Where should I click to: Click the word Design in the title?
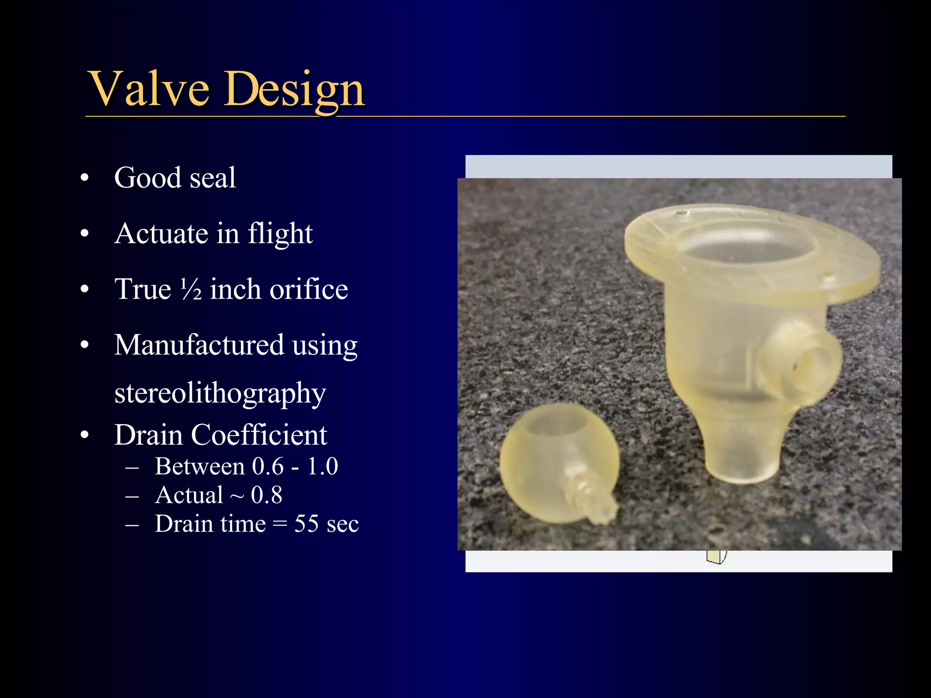294,90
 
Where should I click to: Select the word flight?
280,234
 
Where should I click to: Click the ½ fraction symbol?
191,289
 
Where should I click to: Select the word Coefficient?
259,435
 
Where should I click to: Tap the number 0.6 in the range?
268,466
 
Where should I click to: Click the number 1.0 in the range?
322,466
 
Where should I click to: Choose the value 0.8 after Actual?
266,495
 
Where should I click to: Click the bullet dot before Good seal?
85,178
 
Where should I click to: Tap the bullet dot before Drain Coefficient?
85,435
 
